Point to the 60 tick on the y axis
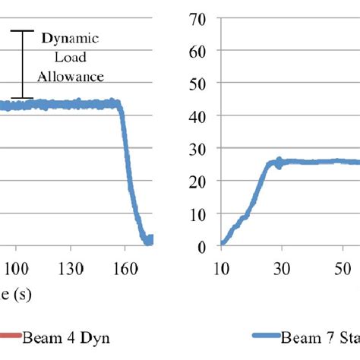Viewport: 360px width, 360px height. (199, 50)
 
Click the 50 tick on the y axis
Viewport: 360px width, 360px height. (199, 83)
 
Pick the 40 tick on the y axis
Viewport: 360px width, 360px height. (199, 115)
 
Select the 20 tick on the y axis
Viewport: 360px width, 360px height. (199, 181)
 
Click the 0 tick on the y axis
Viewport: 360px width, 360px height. (203, 246)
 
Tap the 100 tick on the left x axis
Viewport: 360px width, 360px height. (17, 268)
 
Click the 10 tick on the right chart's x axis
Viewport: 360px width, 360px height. (220, 268)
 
